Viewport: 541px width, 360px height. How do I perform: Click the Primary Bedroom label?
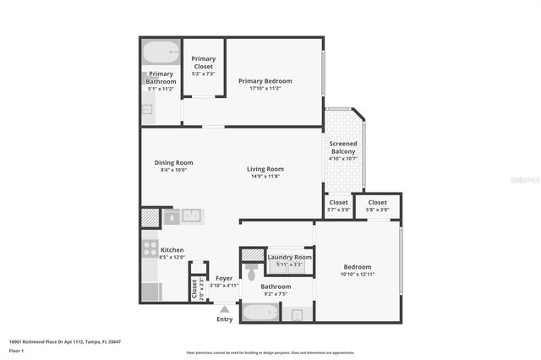tap(265, 81)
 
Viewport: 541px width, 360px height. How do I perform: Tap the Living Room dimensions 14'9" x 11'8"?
tap(265, 177)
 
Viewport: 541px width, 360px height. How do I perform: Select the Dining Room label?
tap(173, 162)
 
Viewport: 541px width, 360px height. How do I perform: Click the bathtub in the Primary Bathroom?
tap(160, 54)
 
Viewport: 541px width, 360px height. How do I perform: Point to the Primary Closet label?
tap(203, 62)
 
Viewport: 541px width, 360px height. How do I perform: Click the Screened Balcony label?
tap(342, 147)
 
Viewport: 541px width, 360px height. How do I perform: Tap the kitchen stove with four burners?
tap(150, 248)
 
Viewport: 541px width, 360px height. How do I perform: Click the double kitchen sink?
tap(192, 215)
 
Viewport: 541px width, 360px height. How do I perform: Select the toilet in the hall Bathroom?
tap(250, 272)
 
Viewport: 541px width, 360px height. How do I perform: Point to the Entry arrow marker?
tap(224, 309)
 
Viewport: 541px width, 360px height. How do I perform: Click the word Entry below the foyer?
tap(224, 319)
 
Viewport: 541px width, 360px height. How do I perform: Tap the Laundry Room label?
tap(289, 257)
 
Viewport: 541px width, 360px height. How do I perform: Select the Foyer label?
tap(224, 278)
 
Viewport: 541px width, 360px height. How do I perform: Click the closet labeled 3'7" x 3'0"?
tap(338, 203)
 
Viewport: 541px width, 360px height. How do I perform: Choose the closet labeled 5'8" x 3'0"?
tap(377, 203)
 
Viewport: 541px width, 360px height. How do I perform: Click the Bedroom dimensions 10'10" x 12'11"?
tap(356, 274)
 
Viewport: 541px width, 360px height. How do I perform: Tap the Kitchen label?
tap(172, 249)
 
